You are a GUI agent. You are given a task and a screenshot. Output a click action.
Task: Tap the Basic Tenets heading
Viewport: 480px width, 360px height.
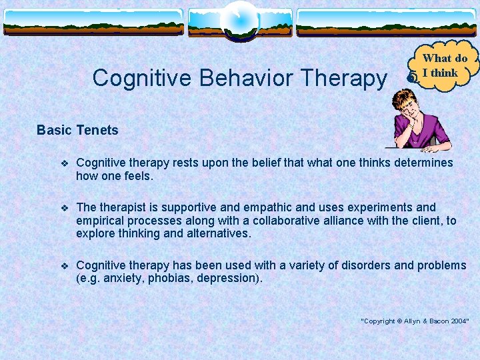(77, 130)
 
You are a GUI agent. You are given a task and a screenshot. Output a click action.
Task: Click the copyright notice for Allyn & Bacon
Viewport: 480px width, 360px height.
(415, 321)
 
